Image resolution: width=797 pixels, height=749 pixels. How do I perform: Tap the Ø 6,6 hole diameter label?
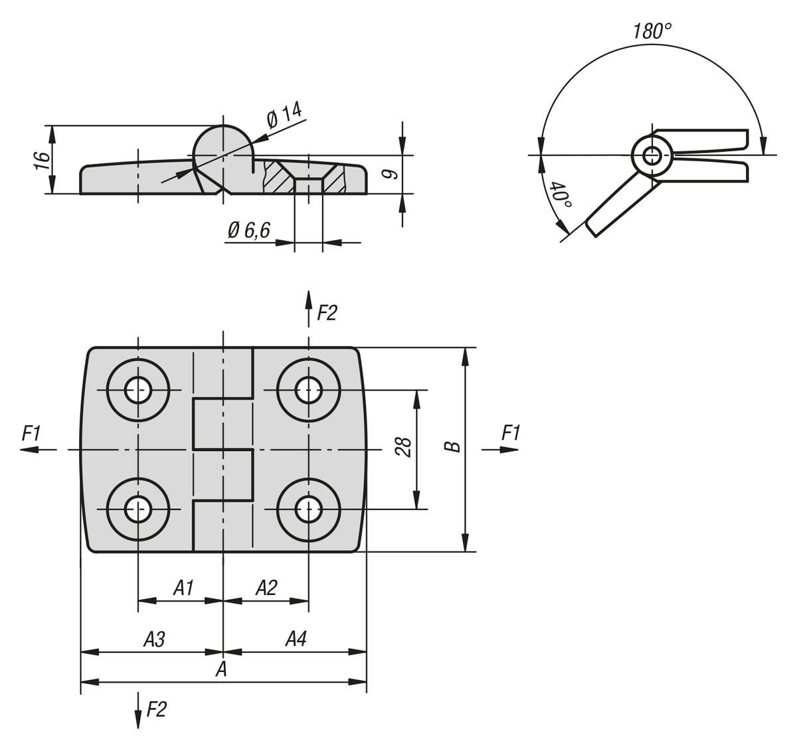[248, 230]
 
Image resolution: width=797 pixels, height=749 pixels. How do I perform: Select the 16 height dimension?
[42, 160]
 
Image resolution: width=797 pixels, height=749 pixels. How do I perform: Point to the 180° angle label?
[652, 31]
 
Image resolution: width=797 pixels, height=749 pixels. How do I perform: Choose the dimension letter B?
[453, 446]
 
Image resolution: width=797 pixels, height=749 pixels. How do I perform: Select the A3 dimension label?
[154, 639]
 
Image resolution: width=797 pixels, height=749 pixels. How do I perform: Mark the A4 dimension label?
[296, 639]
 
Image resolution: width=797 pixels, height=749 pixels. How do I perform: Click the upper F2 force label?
[327, 312]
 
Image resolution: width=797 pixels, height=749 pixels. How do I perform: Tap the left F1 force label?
[31, 434]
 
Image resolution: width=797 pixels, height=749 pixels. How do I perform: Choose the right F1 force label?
[511, 434]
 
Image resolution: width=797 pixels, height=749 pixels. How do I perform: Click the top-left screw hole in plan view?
[138, 390]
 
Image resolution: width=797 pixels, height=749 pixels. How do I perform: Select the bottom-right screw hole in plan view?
[308, 510]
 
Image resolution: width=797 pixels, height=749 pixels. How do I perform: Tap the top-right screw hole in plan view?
[308, 390]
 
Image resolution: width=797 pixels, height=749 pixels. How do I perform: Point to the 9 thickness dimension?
[391, 174]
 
